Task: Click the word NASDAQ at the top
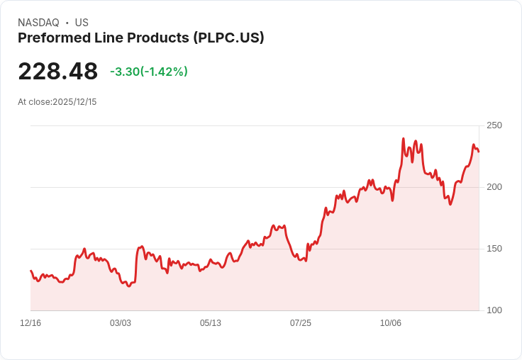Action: coord(38,23)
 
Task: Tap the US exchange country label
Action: coord(82,23)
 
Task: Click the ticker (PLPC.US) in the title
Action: coord(228,38)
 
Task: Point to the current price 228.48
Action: coord(57,72)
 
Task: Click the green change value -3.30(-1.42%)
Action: coord(149,72)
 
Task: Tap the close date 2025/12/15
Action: coord(74,102)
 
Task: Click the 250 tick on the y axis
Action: coord(494,125)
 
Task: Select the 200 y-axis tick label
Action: coord(494,187)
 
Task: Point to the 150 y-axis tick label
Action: coord(494,249)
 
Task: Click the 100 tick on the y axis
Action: coord(494,310)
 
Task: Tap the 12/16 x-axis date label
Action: coord(30,323)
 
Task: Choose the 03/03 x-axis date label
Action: coord(121,323)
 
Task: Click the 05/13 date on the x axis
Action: coord(211,323)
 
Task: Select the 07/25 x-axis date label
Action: coord(301,323)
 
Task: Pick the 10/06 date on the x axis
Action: coord(391,323)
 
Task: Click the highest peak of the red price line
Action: coord(403,139)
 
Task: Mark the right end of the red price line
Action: coord(479,152)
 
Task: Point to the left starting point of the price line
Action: coord(30,271)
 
